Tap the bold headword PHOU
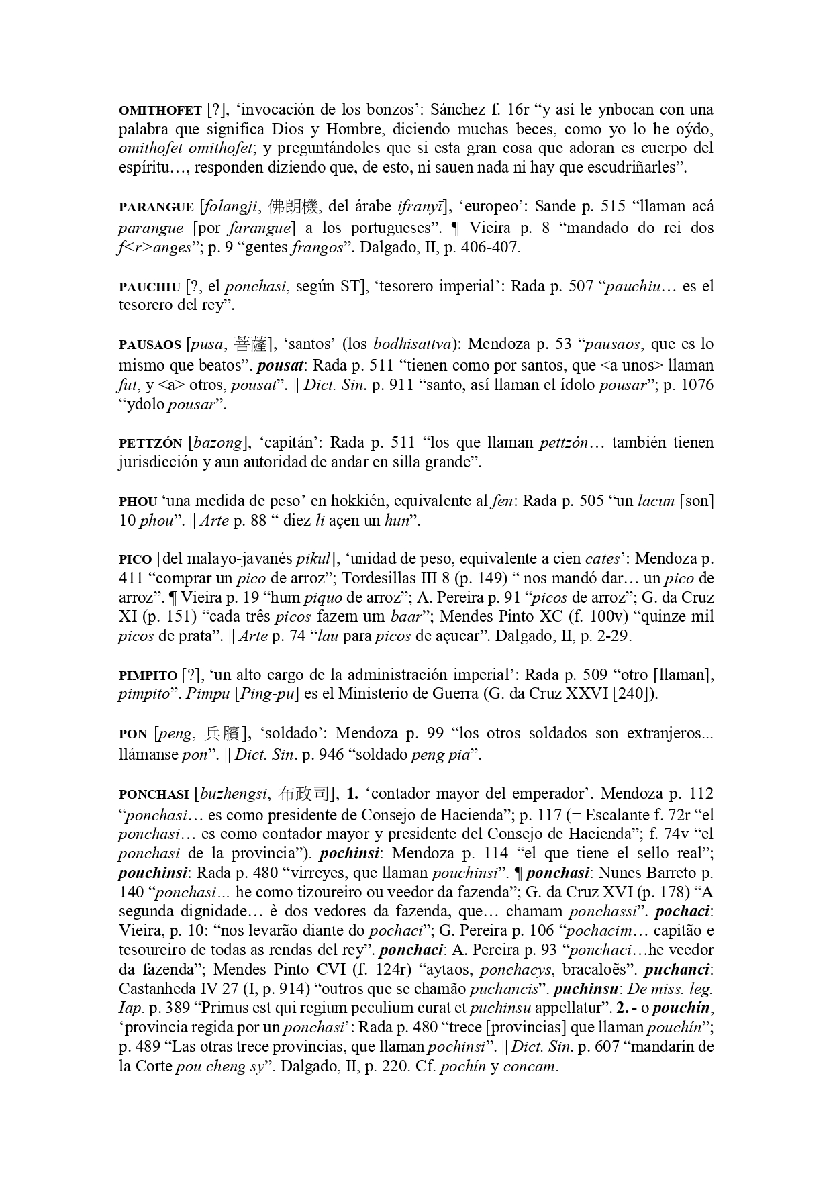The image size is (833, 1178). pyautogui.click(x=138, y=502)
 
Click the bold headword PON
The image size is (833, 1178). pyautogui.click(x=133, y=734)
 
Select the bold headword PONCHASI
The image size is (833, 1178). pyautogui.click(x=154, y=795)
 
